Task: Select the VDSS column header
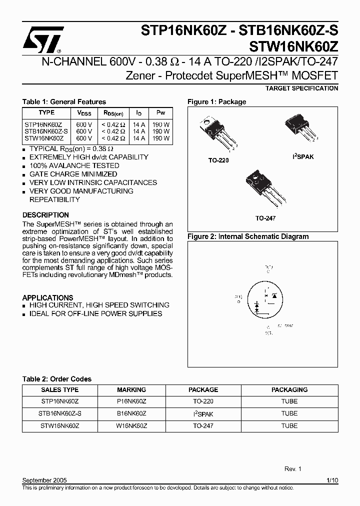pos(84,113)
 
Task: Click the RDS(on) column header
pos(113,113)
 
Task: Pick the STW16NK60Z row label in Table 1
pos(44,138)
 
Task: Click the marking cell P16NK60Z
pos(131,401)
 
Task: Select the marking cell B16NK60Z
pos(131,413)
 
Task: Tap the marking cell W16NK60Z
pos(131,426)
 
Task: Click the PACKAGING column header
pos(289,389)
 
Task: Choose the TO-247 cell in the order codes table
pos(203,426)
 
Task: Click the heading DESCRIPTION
pos(45,215)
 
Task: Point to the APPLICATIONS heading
pos(47,297)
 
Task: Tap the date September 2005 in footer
pos(44,480)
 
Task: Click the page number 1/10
pos(332,480)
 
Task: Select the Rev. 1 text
pos(293,469)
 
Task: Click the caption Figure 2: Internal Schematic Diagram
pos(248,236)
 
